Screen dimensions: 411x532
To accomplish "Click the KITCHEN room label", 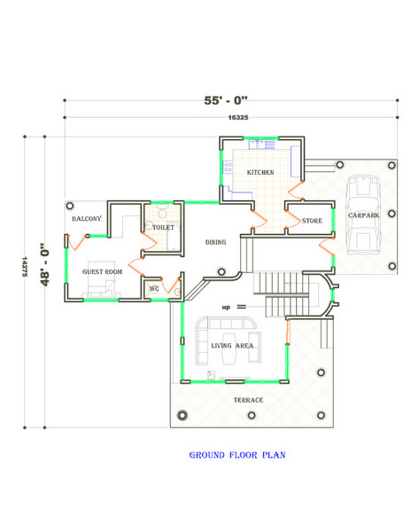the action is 260,172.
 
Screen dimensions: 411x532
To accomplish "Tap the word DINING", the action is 215,242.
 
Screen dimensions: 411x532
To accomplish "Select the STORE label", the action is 312,221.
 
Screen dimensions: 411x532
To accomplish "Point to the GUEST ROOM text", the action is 102,272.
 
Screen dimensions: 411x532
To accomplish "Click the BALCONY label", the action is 87,219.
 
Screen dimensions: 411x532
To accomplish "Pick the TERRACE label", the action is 248,401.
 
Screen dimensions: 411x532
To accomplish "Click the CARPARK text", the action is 363,215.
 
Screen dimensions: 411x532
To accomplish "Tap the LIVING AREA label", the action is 232,346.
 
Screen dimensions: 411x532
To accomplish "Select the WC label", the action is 154,289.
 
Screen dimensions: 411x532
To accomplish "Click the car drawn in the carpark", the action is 363,215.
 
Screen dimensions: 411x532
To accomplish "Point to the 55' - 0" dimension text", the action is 226,100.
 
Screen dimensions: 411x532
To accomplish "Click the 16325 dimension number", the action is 238,118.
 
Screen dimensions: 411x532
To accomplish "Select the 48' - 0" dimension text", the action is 44,264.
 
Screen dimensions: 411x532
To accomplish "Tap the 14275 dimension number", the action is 25,266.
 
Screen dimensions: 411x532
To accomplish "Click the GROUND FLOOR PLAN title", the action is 237,455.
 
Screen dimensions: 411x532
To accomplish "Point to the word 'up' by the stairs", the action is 226,308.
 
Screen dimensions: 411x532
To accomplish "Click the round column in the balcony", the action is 70,206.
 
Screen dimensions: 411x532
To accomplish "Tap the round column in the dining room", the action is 221,271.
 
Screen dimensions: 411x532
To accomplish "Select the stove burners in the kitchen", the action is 228,167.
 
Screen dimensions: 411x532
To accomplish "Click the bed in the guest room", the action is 101,279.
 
